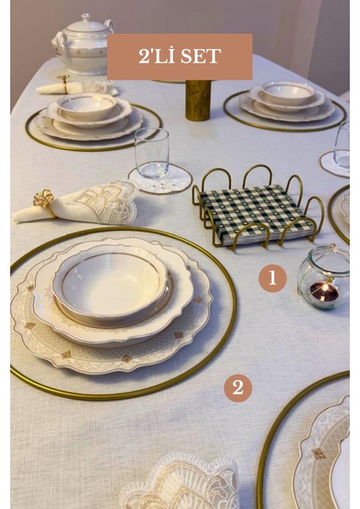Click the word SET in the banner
pyautogui.click(x=200, y=56)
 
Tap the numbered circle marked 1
pyautogui.click(x=273, y=278)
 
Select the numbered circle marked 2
pyautogui.click(x=238, y=388)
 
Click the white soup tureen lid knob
pyautogui.click(x=86, y=17)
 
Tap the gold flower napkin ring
pyautogui.click(x=44, y=200)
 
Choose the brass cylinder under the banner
pyautogui.click(x=198, y=100)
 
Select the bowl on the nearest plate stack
pyautogui.click(x=111, y=285)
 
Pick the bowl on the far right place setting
pyautogui.click(x=287, y=93)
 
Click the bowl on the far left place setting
pyautogui.click(x=87, y=107)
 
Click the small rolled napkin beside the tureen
pyautogui.click(x=61, y=87)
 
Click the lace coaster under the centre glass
pyautogui.click(x=160, y=178)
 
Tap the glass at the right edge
pyautogui.click(x=341, y=145)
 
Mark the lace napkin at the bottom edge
pyautogui.click(x=179, y=484)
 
